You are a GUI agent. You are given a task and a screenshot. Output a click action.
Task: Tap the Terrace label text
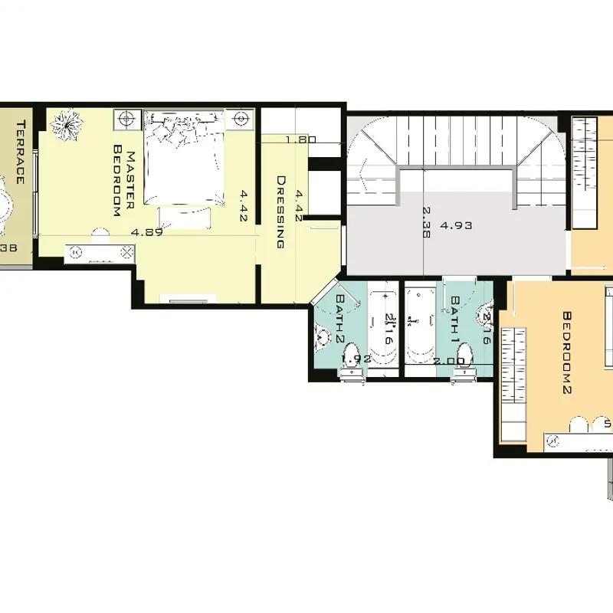click(x=21, y=152)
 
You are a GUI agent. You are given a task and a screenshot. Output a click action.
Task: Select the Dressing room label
click(x=280, y=212)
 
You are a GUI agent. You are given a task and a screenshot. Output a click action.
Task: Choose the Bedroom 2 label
click(x=568, y=352)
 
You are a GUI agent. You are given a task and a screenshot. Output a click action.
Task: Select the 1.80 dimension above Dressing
click(x=300, y=140)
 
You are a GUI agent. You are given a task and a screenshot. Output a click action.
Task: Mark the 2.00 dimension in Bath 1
click(x=449, y=360)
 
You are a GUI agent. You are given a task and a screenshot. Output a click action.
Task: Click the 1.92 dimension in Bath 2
click(x=356, y=358)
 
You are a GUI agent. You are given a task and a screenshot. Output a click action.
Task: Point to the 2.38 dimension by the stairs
click(x=426, y=222)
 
